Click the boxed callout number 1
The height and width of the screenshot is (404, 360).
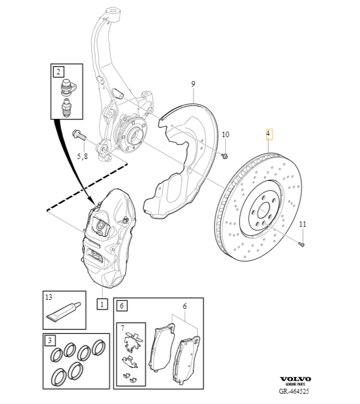102,303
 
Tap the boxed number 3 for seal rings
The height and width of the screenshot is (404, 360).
51,340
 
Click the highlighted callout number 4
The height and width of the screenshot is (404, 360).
267,133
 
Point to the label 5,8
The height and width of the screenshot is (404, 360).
82,156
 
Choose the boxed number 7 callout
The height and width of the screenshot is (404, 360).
124,330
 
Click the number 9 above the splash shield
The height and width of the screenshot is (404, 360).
192,83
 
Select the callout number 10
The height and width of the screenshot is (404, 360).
225,134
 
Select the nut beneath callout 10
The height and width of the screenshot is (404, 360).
225,156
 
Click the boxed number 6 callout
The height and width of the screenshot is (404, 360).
121,305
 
